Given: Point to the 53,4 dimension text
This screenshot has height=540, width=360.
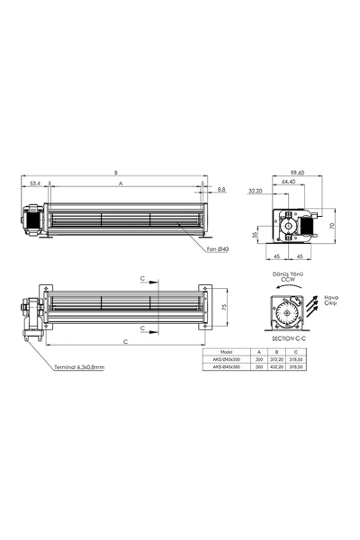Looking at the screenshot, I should (35, 184).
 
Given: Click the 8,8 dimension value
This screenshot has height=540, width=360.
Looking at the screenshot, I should (221, 191).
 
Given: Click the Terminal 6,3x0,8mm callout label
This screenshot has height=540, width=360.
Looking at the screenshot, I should (78, 367).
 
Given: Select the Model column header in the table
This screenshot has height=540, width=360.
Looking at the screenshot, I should (226, 354).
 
